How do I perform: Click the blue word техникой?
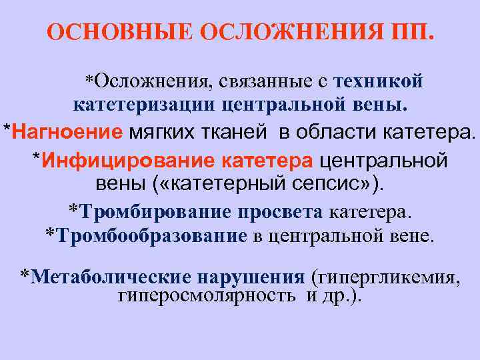(x=379, y=81)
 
